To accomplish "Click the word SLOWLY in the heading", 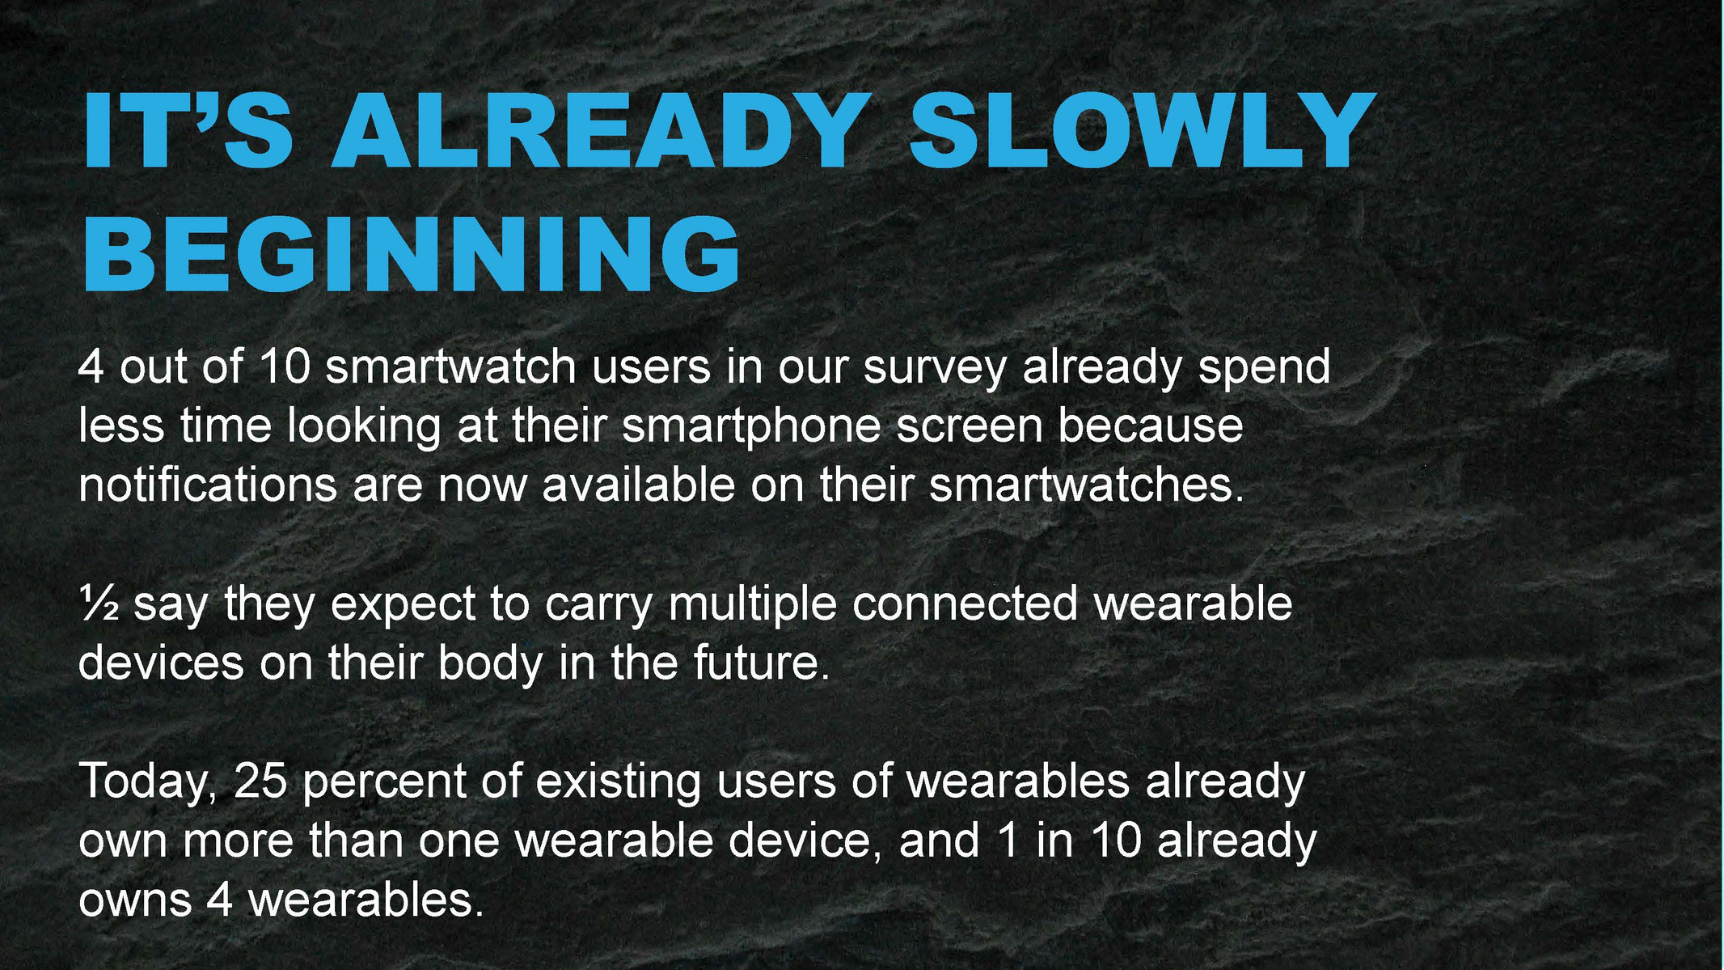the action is point(1142,131).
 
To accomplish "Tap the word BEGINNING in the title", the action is point(411,254).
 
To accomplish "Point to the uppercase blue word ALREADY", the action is point(598,131).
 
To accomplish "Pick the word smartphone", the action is point(751,427).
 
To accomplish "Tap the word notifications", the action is point(208,485).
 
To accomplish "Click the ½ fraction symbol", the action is point(99,604).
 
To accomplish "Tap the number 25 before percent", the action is point(260,782).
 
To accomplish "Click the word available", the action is point(639,485).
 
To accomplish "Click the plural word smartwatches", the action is point(1086,485).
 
